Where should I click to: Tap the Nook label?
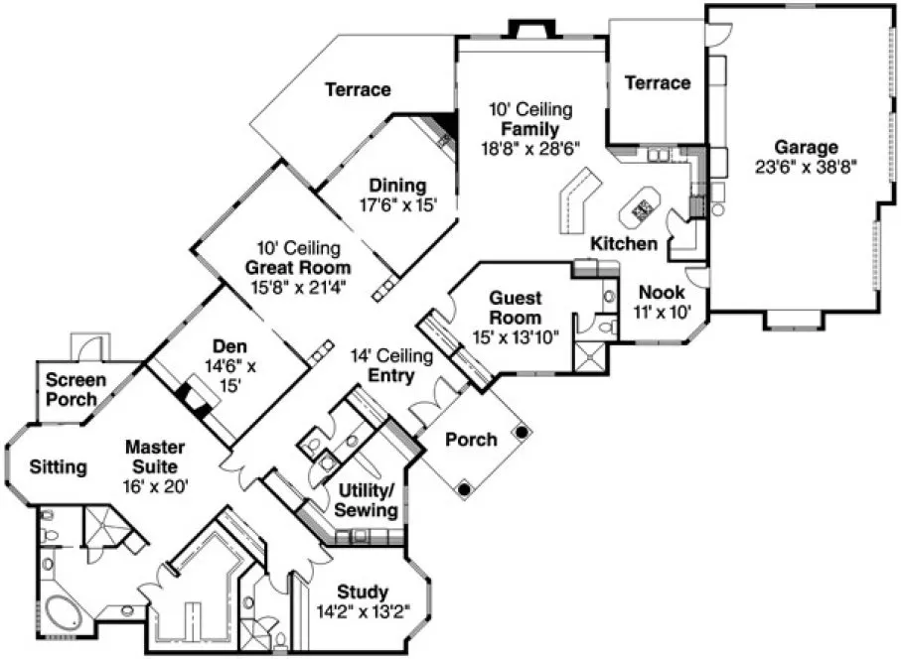pyautogui.click(x=661, y=293)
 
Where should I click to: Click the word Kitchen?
pyautogui.click(x=623, y=243)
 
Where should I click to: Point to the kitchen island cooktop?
pyautogui.click(x=642, y=209)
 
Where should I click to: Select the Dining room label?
pyautogui.click(x=397, y=186)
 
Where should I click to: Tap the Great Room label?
pyautogui.click(x=298, y=267)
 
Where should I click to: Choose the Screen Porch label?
pyautogui.click(x=72, y=389)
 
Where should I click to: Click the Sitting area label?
pyautogui.click(x=57, y=465)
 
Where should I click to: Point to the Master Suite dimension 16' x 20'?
pyautogui.click(x=155, y=485)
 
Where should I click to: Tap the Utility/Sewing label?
pyautogui.click(x=369, y=500)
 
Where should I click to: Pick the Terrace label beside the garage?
pyautogui.click(x=657, y=82)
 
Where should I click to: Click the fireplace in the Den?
pyautogui.click(x=195, y=395)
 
